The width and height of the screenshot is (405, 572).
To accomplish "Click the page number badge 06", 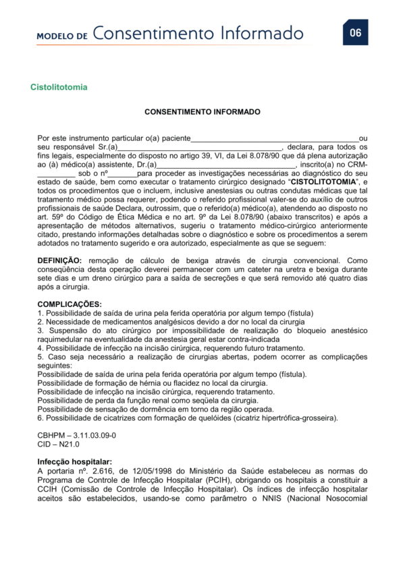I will click(x=355, y=33).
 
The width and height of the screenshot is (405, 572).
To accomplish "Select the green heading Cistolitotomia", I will click(x=59, y=88).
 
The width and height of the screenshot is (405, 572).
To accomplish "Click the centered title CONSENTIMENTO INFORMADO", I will click(x=202, y=111).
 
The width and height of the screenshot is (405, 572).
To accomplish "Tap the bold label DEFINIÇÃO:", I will click(x=59, y=260).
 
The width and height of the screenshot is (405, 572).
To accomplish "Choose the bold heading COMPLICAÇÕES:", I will click(x=70, y=304).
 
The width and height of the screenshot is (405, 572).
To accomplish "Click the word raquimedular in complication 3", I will click(x=59, y=340).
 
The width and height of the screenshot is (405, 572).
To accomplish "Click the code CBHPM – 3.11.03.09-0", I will click(x=76, y=436).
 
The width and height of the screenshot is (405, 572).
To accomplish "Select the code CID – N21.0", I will click(x=59, y=445).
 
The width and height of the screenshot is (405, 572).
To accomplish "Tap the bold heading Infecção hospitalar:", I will click(x=74, y=462).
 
